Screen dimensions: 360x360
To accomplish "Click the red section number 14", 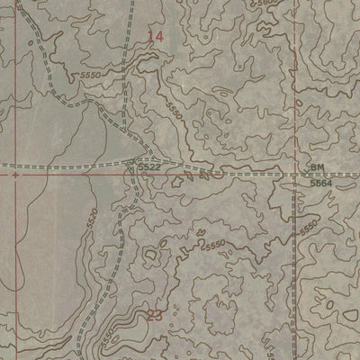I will tap(157, 36).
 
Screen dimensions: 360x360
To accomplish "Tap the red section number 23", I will tap(154, 314).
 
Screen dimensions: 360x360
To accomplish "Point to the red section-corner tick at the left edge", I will tap(15, 177).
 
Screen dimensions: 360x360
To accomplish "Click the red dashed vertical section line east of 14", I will tap(293, 72).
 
